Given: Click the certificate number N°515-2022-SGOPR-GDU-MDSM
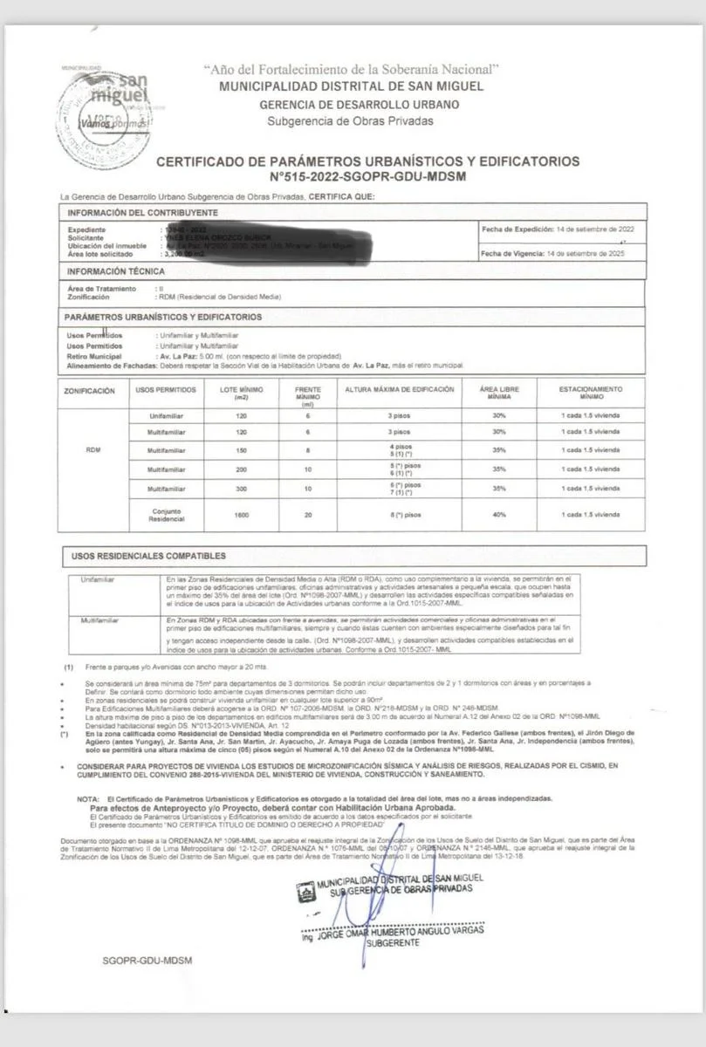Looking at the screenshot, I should coord(367,176).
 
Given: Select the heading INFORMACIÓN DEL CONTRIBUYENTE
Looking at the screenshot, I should coord(143,213).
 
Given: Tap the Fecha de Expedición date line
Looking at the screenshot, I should coord(558,229).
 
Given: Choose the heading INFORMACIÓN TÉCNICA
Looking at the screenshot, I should coord(116,271).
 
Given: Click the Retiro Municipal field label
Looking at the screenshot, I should coord(94,355).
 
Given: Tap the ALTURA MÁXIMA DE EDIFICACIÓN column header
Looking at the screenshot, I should coord(400,389).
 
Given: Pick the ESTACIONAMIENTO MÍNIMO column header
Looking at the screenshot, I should coord(591,393).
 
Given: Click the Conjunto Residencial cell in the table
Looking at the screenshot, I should coord(167,515).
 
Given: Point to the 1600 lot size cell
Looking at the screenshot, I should coord(242,515).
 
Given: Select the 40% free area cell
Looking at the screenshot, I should coord(498,515).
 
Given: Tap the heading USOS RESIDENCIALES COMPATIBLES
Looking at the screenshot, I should coord(148,556).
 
